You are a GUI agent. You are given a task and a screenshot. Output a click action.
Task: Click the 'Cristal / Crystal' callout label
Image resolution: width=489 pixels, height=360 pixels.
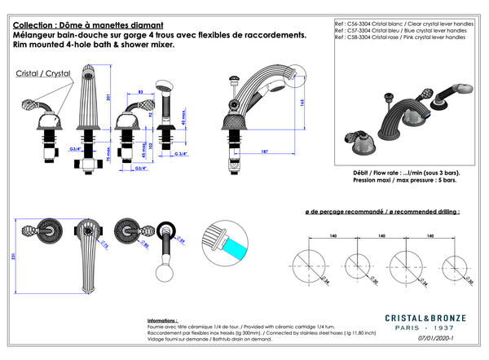point(42,73)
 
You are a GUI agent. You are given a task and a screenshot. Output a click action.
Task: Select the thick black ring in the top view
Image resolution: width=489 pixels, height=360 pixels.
point(165,230)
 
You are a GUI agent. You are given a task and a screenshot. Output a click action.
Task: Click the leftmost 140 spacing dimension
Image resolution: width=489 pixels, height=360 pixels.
point(333,236)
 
